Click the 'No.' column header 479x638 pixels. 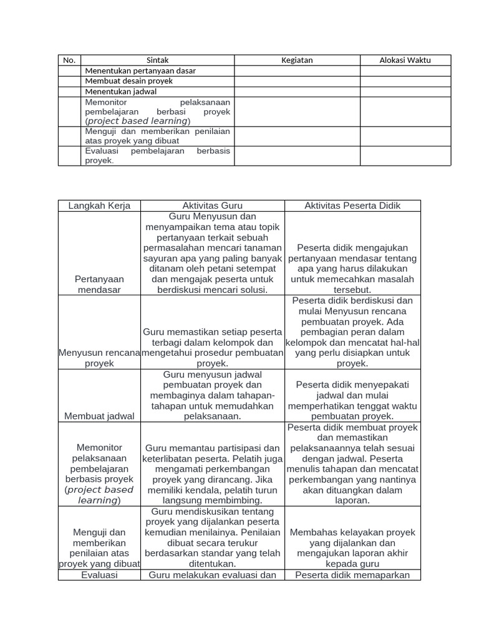(x=69, y=60)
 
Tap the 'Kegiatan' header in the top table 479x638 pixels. (x=297, y=60)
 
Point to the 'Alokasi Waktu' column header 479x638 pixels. (x=405, y=60)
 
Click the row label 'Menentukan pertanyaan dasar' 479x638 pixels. (x=140, y=71)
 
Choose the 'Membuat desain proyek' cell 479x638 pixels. (x=128, y=81)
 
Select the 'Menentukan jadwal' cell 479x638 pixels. (x=121, y=91)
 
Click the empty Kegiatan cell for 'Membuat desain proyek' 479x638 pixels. (x=297, y=81)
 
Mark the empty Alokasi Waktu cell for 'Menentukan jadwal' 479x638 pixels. (x=405, y=91)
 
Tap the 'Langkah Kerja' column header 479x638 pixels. (x=99, y=206)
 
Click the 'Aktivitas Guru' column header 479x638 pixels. (x=213, y=206)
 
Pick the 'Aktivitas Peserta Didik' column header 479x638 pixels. (x=352, y=206)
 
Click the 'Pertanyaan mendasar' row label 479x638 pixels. (x=100, y=285)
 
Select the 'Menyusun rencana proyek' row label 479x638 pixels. (x=100, y=358)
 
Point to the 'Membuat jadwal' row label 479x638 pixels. (x=100, y=416)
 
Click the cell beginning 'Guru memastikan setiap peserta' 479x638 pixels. (x=213, y=348)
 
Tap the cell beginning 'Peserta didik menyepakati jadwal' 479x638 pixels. (x=352, y=401)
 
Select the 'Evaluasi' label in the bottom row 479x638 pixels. (x=100, y=575)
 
